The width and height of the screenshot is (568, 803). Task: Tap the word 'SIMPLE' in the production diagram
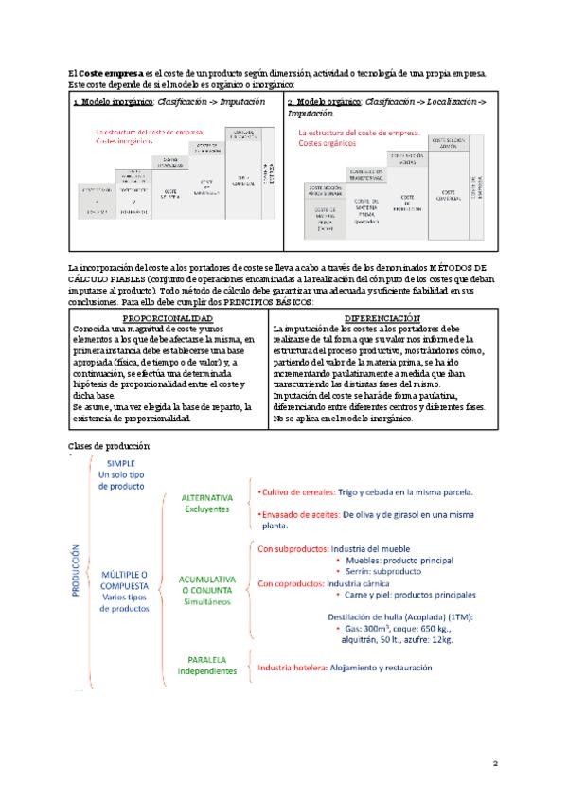pos(120,462)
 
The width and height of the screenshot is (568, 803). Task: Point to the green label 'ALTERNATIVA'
pos(207,498)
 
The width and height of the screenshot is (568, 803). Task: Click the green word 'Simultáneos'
pos(208,601)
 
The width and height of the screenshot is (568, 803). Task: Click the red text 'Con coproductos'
pos(290,583)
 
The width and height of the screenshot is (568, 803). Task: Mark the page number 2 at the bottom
pos(494,761)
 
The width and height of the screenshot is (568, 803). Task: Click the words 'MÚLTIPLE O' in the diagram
pos(124,575)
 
